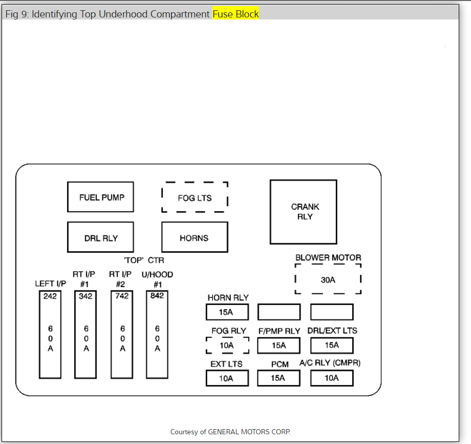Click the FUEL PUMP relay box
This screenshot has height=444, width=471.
tap(100, 197)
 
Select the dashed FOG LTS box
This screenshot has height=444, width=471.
tap(195, 197)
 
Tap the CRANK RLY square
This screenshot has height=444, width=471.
tap(304, 212)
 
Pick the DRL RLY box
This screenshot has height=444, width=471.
tap(100, 237)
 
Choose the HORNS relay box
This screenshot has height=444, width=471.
tap(195, 237)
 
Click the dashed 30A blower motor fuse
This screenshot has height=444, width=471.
tap(328, 279)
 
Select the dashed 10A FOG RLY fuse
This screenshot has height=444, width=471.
tap(227, 346)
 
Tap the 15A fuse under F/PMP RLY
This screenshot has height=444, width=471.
tap(279, 346)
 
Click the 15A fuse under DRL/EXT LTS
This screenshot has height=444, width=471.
tap(332, 346)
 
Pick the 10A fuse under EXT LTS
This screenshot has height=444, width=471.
tap(227, 378)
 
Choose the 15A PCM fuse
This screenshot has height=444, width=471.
tap(279, 378)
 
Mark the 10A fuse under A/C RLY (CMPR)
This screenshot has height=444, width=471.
tap(332, 378)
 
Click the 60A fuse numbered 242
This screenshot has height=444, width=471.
tap(50, 334)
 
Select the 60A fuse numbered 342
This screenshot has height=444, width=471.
tap(85, 334)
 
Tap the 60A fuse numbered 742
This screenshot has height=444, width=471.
tap(122, 334)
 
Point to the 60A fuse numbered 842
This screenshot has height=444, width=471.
tap(157, 334)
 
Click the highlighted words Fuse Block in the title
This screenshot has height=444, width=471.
tap(236, 14)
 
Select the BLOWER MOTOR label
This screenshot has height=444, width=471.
tap(328, 257)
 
